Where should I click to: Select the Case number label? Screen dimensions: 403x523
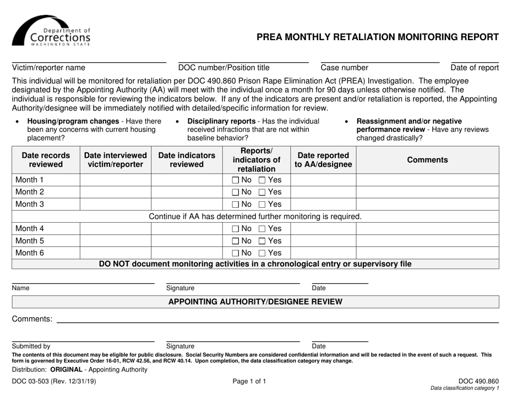345,68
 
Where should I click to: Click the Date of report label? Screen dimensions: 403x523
475,68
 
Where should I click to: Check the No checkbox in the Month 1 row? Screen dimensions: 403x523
235,180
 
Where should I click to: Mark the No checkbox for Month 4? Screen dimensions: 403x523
235,229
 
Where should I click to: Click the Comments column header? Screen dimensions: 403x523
427,160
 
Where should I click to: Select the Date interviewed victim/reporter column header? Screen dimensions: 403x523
116,160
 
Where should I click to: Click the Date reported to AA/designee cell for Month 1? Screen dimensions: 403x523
323,180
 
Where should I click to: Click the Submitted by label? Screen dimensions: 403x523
31,346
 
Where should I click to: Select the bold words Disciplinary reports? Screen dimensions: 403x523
221,121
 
